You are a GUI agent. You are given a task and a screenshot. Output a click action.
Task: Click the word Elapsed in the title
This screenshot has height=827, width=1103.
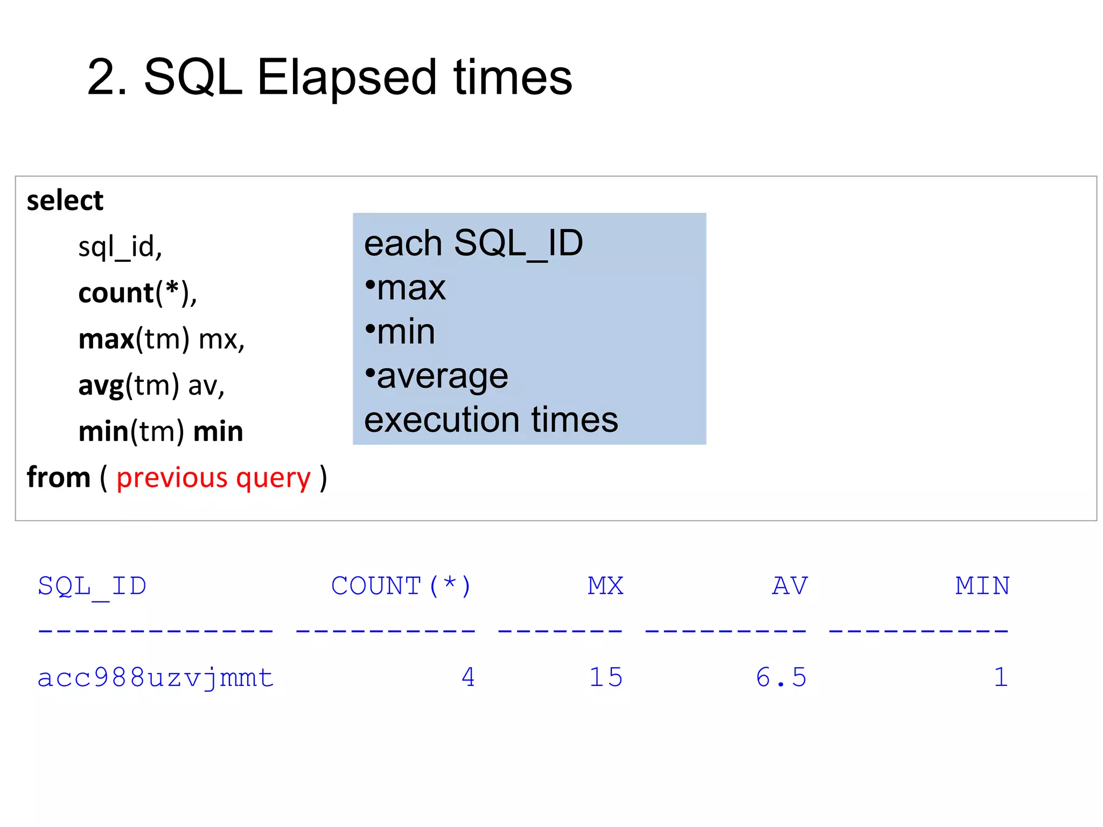(346, 78)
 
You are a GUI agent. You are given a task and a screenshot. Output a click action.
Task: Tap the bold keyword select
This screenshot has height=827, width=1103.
(65, 201)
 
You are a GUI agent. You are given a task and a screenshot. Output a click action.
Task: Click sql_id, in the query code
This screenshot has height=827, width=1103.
(120, 247)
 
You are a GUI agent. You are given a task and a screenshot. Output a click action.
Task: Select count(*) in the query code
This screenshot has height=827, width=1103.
(137, 293)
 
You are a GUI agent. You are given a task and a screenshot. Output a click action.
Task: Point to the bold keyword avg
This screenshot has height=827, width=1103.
(101, 386)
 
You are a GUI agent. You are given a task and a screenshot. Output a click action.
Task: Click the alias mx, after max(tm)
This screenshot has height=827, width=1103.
(221, 340)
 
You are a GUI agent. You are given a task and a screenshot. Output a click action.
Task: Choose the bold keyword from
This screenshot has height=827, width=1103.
(58, 478)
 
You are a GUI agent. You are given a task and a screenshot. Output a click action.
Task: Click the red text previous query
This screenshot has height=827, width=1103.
(213, 478)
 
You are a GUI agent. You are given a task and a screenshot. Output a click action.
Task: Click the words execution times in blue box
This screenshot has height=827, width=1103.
(491, 420)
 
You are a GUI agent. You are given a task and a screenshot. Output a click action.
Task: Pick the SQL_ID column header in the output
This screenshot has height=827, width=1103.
(92, 586)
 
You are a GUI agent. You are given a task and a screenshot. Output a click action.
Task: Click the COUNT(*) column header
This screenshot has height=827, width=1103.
(401, 586)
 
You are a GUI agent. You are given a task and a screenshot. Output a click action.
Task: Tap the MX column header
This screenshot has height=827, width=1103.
(605, 586)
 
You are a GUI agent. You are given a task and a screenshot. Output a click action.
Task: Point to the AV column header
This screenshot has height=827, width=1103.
(790, 586)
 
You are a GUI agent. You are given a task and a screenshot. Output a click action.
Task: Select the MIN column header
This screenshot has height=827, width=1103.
(982, 586)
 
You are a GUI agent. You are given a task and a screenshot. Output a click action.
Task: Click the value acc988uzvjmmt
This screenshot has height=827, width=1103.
(156, 678)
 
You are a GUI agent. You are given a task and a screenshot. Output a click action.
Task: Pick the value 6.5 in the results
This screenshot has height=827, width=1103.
(781, 678)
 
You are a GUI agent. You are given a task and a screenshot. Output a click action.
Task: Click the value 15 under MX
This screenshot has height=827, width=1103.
(606, 678)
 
